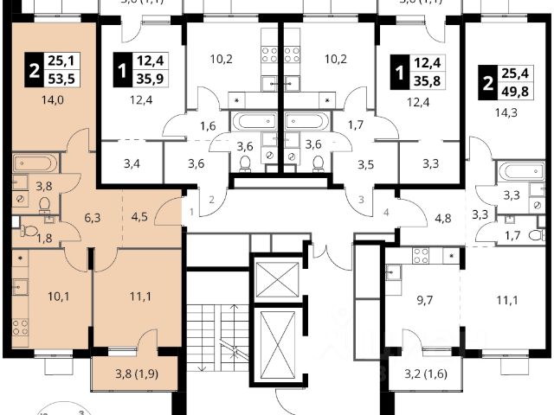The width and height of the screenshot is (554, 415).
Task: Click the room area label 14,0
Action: click(x=37, y=99)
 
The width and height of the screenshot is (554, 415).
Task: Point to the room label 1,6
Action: click(x=208, y=126)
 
